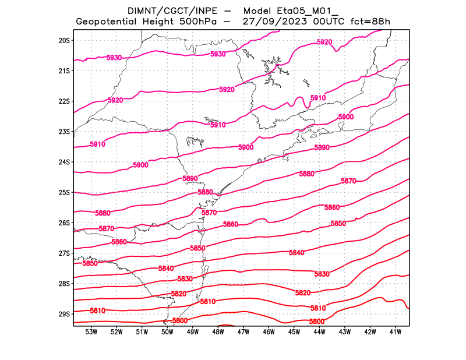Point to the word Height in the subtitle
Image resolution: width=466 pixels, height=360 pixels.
(166, 22)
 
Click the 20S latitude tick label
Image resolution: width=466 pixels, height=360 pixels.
(64, 40)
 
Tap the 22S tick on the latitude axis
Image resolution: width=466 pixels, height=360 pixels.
(64, 101)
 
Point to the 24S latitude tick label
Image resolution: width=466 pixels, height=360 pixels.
(64, 162)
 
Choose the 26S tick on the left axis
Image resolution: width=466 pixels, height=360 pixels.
(64, 223)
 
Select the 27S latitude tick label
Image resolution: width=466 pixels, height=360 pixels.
(64, 253)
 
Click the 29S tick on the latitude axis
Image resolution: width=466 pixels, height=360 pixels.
(64, 314)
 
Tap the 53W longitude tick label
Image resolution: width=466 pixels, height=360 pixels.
(91, 332)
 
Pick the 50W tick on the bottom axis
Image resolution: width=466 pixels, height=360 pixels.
(167, 332)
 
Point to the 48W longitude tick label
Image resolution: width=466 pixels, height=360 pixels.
(218, 332)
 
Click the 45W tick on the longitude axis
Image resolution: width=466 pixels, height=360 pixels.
(294, 332)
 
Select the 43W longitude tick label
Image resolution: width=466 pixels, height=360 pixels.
(344, 332)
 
